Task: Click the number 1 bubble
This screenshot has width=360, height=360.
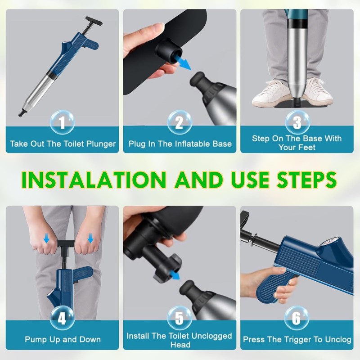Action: click(62, 122)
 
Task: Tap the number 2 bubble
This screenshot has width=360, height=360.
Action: click(180, 122)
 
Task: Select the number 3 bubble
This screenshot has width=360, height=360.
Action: click(297, 122)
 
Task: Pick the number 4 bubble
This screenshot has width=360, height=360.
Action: click(62, 318)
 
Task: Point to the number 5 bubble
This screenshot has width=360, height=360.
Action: click(180, 318)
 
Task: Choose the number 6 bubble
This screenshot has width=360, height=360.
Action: click(297, 318)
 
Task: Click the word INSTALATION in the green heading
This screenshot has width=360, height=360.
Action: click(94, 180)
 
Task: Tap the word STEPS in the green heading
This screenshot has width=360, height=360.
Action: click(306, 180)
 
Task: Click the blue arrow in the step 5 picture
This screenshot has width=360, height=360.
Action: click(175, 275)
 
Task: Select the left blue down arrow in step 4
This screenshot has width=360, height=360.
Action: click(46, 238)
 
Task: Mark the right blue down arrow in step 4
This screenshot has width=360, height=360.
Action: click(90, 238)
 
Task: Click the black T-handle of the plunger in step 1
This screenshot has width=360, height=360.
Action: click(94, 21)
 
